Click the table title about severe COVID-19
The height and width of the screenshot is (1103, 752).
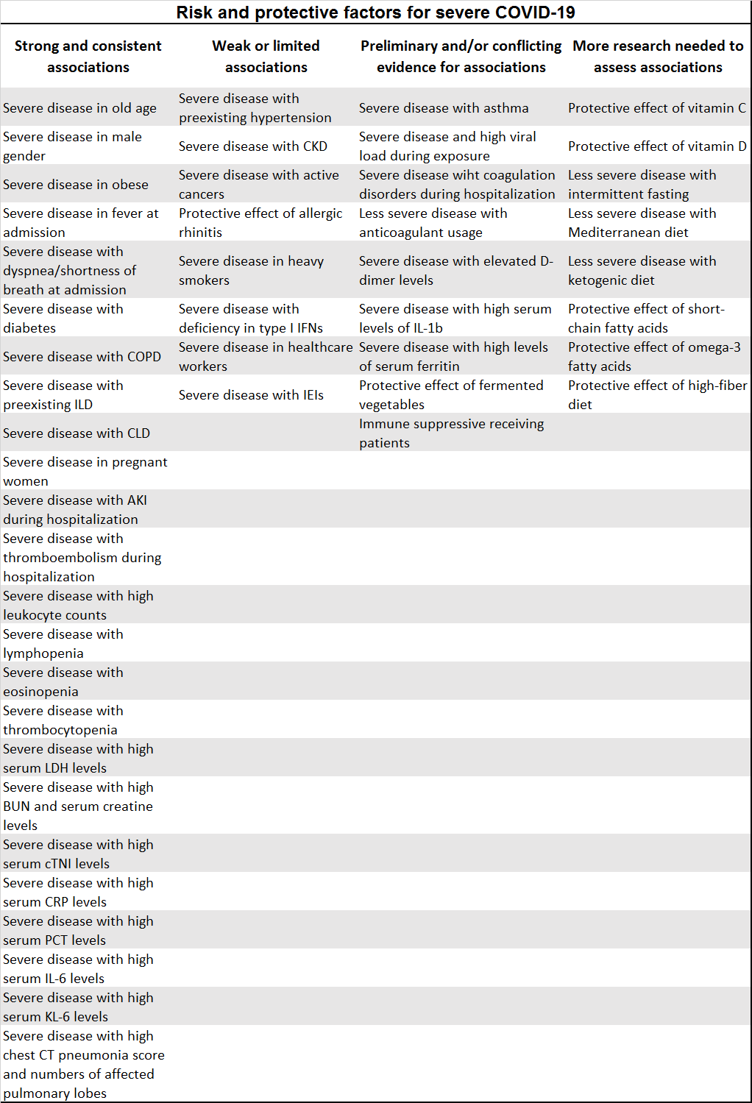pos(375,13)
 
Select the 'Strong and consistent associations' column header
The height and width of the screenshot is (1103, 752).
pos(88,57)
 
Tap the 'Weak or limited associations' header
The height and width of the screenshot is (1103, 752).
pos(266,57)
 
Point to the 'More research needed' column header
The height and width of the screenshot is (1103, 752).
pos(658,57)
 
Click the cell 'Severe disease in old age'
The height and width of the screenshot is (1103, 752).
pos(79,108)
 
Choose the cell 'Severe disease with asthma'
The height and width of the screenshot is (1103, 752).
pos(444,108)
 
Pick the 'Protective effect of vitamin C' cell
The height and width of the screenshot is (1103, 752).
pos(656,108)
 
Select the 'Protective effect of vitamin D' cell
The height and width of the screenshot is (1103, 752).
pos(656,146)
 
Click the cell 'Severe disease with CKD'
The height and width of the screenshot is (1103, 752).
pos(253,146)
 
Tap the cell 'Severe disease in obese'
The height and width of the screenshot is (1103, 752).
pos(76,185)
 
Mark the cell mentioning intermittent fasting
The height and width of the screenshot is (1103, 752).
pos(642,185)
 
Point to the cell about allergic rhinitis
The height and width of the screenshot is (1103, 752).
pos(260,223)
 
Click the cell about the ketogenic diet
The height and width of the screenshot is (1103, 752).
pos(642,271)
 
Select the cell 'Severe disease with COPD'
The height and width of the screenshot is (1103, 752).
pos(82,357)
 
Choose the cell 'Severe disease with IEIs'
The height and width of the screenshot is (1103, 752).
pos(251,395)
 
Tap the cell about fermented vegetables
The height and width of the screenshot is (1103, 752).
pos(451,395)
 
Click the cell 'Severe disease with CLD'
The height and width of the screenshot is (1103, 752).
pos(77,433)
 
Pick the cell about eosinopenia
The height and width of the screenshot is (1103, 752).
pos(63,682)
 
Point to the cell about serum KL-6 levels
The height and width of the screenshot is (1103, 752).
pos(78,1007)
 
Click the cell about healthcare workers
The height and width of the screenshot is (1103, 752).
pos(266,357)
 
